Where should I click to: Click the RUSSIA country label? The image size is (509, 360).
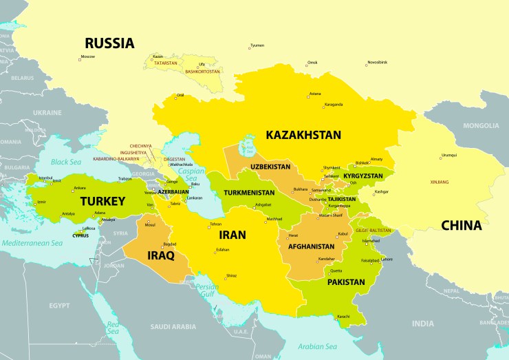click(109, 43)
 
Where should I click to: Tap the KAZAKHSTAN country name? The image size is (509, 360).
click(303, 135)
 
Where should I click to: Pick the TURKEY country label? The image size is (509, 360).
click(102, 202)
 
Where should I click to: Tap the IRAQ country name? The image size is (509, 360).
click(159, 255)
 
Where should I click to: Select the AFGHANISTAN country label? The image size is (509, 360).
click(312, 246)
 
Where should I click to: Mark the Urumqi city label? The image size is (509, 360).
click(448, 155)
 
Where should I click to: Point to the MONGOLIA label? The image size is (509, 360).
click(481, 126)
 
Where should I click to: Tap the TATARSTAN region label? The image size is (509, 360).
click(165, 63)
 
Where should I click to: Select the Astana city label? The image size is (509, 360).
click(315, 94)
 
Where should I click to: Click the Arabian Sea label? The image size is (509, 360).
click(317, 346)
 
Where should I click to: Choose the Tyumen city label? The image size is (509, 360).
click(257, 45)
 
